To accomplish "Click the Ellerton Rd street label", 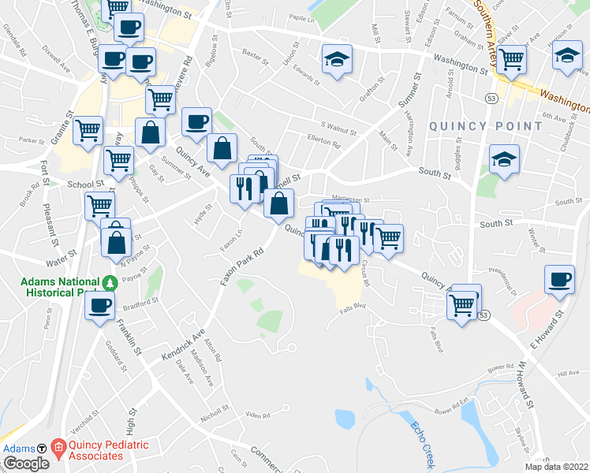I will pos(324,144).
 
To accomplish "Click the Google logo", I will pos(26,463).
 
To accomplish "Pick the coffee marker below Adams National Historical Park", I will pos(100,307).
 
